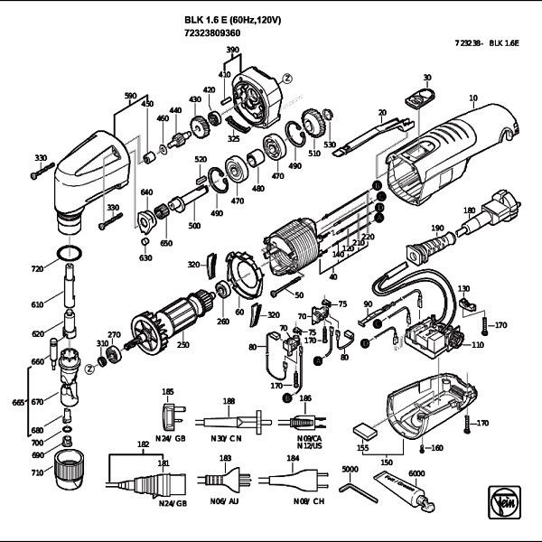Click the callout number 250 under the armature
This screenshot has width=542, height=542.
(x=183, y=345)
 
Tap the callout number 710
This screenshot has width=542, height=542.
(x=37, y=472)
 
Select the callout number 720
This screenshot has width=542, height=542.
(x=37, y=270)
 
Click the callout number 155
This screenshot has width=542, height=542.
(x=363, y=446)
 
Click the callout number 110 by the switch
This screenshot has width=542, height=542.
(x=477, y=346)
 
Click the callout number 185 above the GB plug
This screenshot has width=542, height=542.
(x=167, y=391)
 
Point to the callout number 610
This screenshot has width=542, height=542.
(x=37, y=306)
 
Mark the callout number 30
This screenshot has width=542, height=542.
(x=427, y=77)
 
